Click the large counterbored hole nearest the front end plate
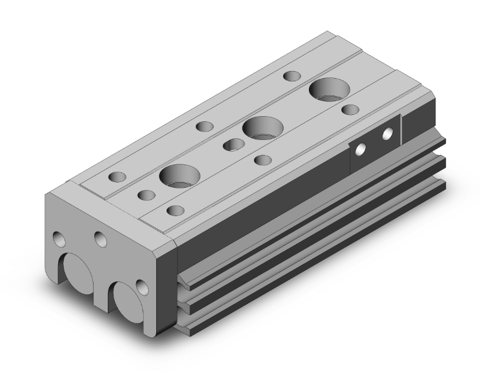coord(178,175)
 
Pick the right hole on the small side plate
coord(388,134)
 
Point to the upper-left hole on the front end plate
coord(59,239)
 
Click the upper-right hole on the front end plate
coord(100,239)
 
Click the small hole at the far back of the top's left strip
coord(289,76)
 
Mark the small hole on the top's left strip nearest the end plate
coord(117,176)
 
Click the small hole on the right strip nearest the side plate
coord(350,109)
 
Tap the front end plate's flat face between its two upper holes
coord(80,232)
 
